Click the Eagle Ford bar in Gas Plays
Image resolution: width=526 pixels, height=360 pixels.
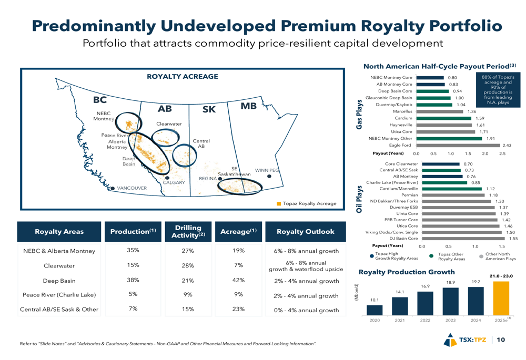click(x=458, y=146)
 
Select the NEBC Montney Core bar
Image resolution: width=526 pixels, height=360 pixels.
click(x=430, y=78)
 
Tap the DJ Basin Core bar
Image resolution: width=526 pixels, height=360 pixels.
click(x=463, y=239)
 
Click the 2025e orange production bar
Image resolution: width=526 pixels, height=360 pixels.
click(x=501, y=297)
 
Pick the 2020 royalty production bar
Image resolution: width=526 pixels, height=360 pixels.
click(x=375, y=310)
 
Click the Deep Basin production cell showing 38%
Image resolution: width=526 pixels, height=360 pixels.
click(x=133, y=280)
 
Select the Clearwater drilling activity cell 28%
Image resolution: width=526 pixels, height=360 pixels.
click(x=188, y=265)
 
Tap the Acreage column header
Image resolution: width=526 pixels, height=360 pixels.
click(x=238, y=231)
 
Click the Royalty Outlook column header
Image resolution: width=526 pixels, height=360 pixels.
click(x=305, y=231)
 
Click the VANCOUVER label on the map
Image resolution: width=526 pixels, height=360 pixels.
click(x=131, y=188)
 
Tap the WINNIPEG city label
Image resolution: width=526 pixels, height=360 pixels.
click(x=267, y=170)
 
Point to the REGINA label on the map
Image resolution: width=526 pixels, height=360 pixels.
click(x=208, y=179)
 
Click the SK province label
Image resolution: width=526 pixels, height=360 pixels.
click(x=209, y=109)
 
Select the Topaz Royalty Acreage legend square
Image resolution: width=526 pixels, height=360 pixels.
click(x=279, y=203)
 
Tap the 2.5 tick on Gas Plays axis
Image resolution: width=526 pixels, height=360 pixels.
click(x=502, y=153)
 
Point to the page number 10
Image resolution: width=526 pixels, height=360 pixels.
click(x=501, y=340)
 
